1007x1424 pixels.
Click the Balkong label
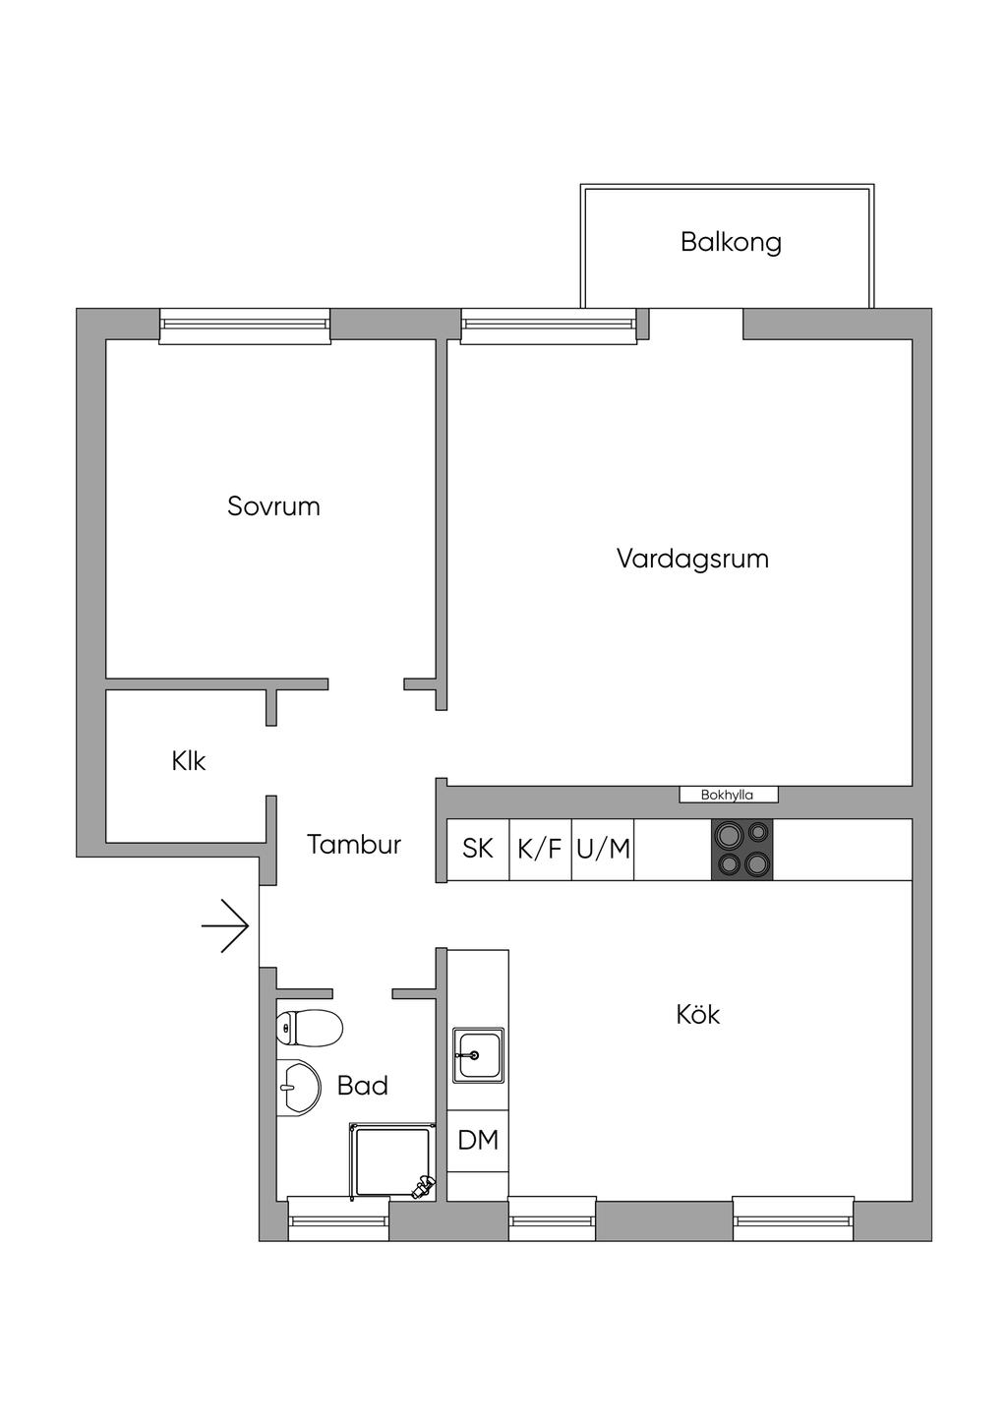731,242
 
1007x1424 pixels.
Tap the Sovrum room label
273,506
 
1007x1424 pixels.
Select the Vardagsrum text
692,559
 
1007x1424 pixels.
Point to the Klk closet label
188,761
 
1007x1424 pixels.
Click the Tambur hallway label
354,845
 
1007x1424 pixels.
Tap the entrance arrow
225,925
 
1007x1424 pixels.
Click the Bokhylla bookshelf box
728,795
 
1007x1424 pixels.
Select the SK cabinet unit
478,849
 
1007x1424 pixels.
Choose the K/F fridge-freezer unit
540,849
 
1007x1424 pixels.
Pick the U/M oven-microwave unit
603,849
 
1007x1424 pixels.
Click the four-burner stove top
742,849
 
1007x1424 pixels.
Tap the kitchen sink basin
478,1055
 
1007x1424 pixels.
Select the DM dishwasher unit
478,1141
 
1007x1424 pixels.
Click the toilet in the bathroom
309,1029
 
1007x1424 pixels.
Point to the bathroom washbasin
299,1088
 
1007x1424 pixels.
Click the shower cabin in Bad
389,1161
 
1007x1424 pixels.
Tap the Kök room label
698,1014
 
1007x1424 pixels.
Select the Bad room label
362,1086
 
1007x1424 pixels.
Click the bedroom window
245,326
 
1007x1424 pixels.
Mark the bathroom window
338,1218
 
